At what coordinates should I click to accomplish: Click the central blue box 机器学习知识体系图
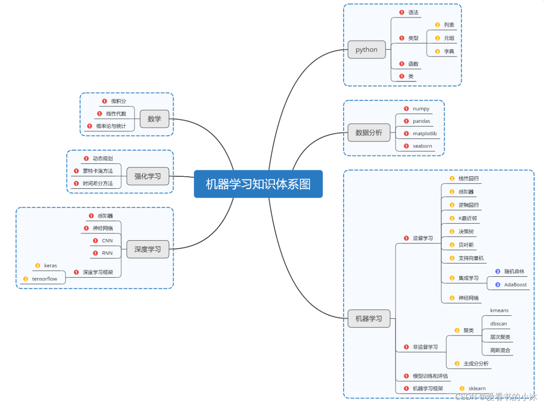[x=258, y=184]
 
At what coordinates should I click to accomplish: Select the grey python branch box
[x=366, y=49]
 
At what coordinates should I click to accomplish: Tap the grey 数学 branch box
[x=154, y=119]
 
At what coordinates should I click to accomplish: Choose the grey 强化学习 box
[x=148, y=176]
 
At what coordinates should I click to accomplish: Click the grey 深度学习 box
[x=148, y=249]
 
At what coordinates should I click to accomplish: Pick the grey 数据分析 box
[x=369, y=133]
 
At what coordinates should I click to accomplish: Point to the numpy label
[x=421, y=109]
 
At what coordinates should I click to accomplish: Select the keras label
[x=50, y=266]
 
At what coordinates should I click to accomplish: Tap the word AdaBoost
[x=515, y=284]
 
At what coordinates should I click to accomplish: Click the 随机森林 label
[x=514, y=272]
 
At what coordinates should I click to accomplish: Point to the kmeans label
[x=499, y=310]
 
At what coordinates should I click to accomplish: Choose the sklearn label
[x=477, y=388]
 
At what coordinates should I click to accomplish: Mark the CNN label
[x=107, y=241]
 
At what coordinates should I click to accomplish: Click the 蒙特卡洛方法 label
[x=98, y=171]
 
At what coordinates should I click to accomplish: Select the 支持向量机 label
[x=471, y=258]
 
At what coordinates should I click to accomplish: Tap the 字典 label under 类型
[x=449, y=51]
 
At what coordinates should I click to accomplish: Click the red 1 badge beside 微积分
[x=104, y=101]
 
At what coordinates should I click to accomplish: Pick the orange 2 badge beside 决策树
[x=452, y=232]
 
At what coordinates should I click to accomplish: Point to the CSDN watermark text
[x=496, y=397]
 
